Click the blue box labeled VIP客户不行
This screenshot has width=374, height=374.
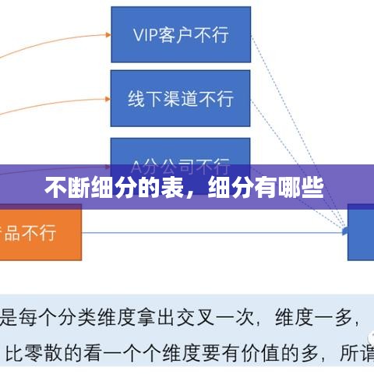point(181,34)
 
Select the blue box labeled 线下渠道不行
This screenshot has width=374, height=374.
point(181,99)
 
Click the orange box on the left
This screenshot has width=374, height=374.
point(40,232)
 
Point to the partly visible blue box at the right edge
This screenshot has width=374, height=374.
point(361,231)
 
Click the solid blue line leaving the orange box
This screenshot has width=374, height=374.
point(210,231)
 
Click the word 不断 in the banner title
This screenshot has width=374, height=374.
point(66,189)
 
